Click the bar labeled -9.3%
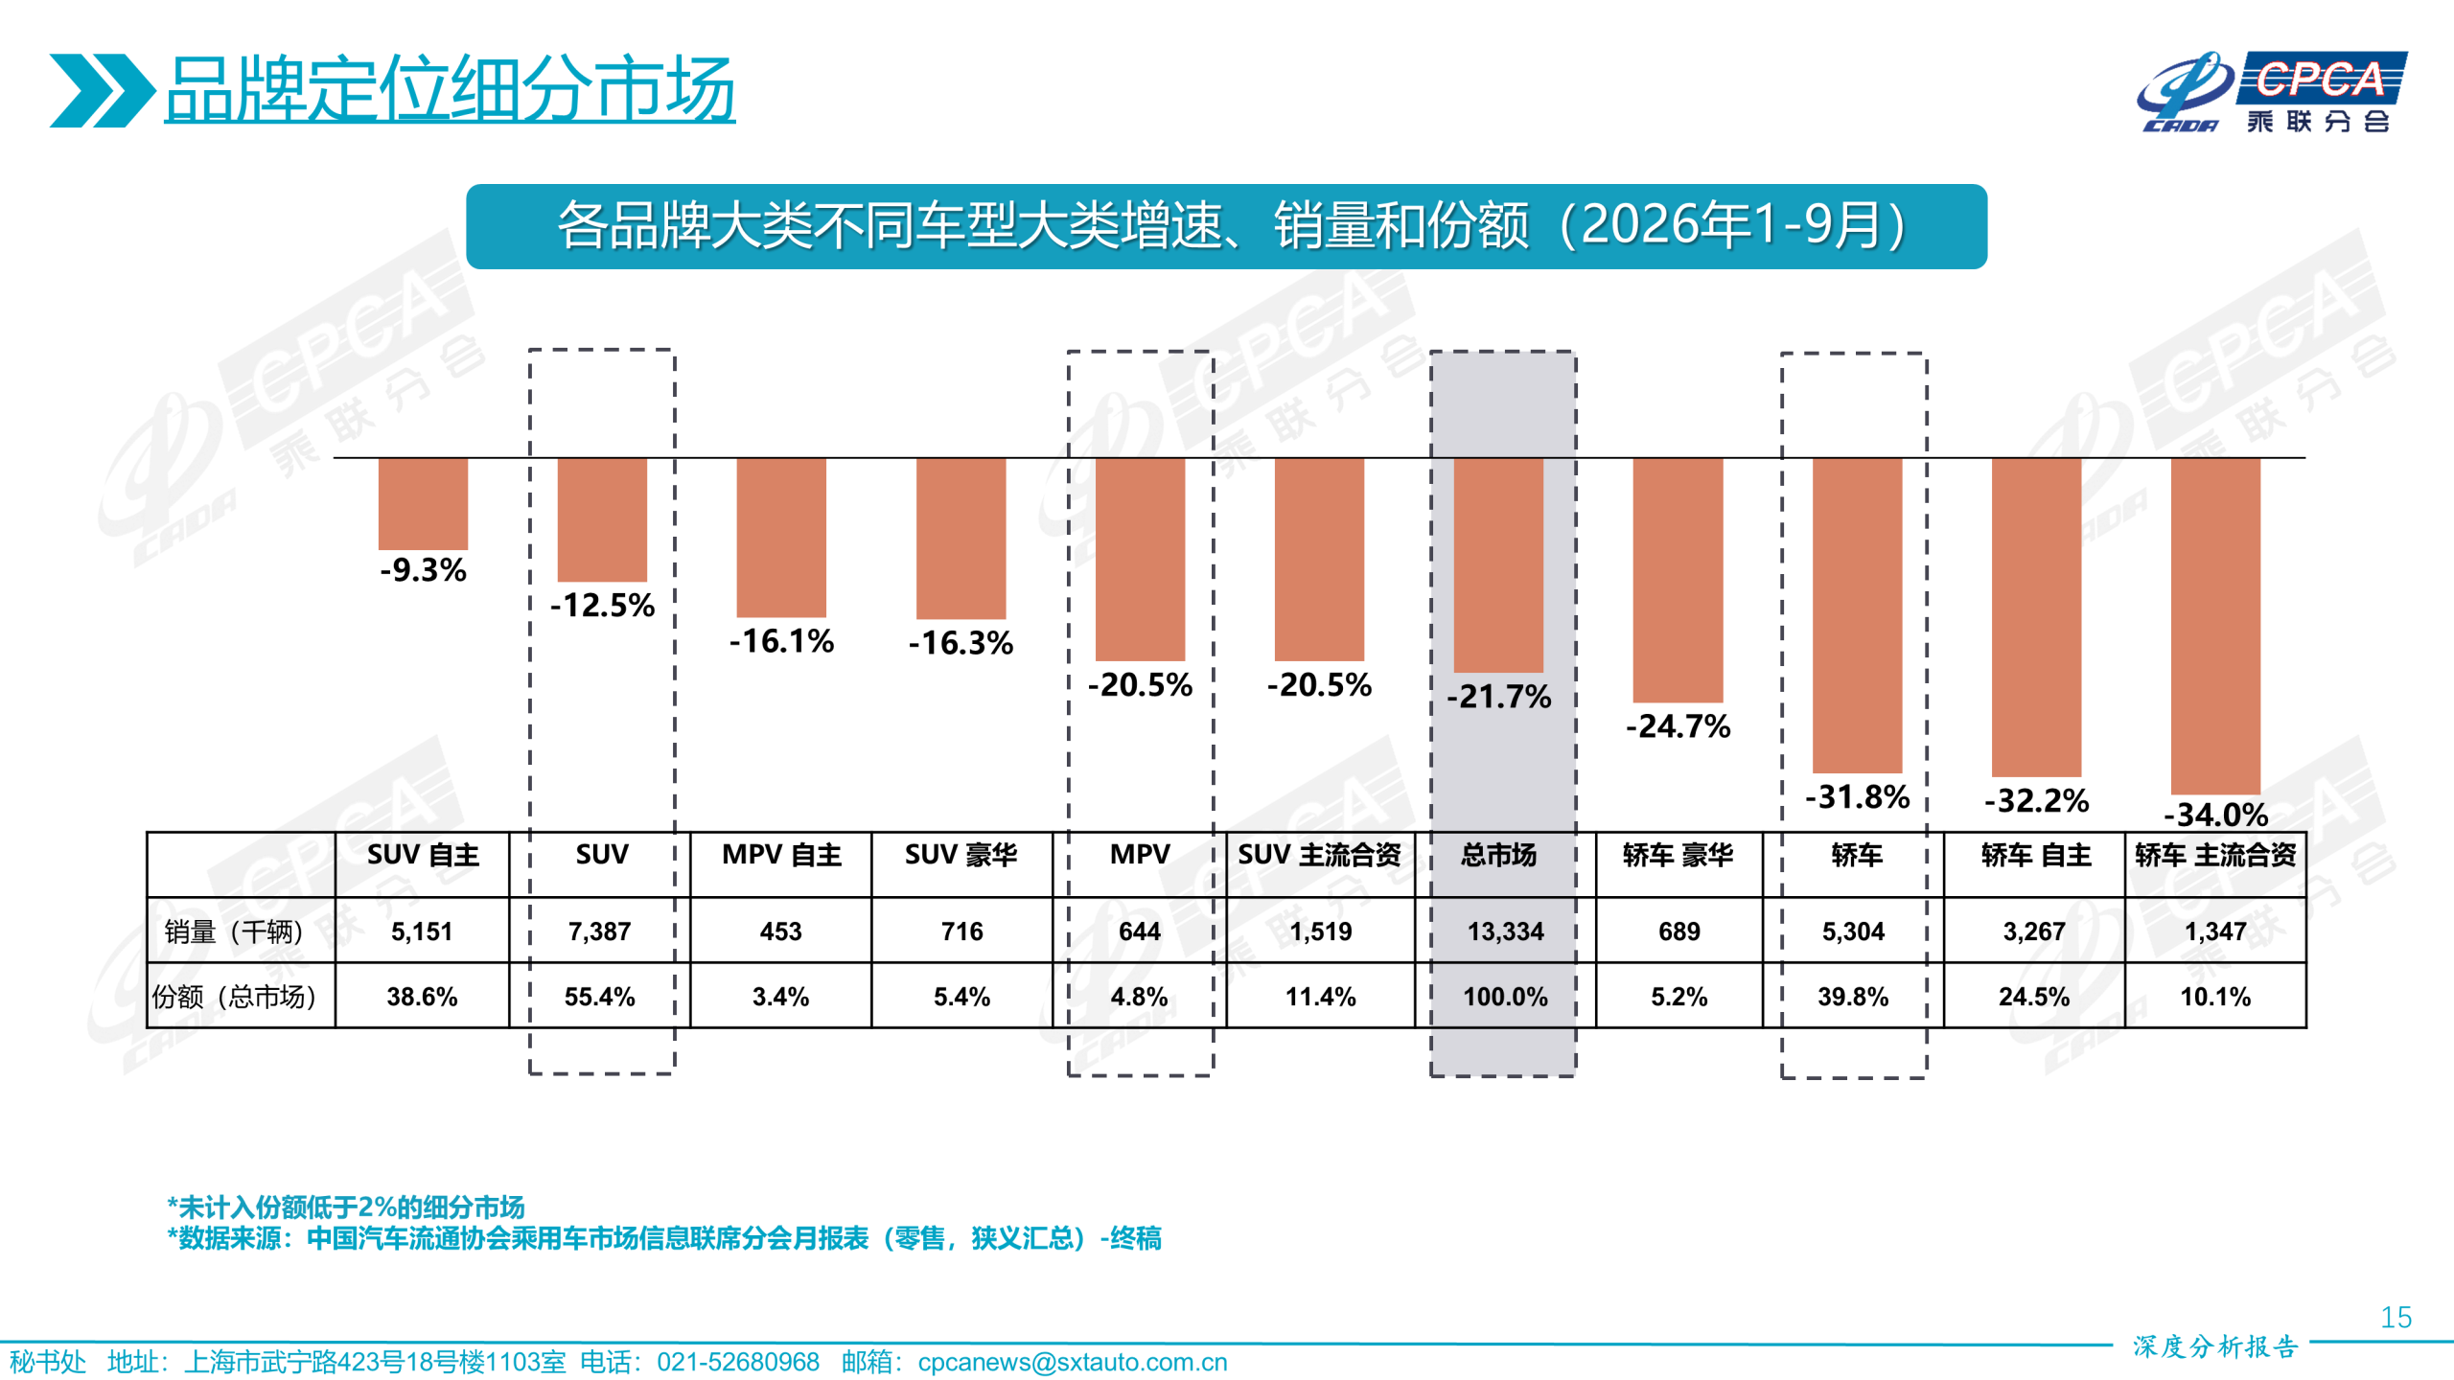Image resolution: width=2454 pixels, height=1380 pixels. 423,504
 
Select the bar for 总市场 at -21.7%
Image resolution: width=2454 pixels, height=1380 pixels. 1498,565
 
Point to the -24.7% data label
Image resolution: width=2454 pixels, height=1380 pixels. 1678,726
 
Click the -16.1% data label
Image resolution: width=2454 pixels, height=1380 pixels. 781,641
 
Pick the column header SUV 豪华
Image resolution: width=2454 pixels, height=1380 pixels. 961,855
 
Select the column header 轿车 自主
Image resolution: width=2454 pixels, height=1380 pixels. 2036,855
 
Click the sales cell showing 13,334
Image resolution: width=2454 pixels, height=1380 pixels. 1505,931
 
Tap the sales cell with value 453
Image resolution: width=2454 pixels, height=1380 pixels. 780,931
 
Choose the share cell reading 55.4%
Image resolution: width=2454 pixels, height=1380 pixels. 599,997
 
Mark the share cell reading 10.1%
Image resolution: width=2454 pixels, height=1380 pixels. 2215,997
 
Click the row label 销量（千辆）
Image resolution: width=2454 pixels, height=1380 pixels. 233,931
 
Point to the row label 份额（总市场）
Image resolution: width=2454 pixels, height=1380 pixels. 234,997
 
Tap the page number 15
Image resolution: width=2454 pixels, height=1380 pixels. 2396,1318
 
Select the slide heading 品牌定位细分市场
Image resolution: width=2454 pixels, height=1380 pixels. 450,89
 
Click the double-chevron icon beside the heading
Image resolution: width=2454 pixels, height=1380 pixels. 102,90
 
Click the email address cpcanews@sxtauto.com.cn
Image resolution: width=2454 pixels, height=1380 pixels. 1072,1362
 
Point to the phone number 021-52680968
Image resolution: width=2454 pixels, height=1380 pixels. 738,1362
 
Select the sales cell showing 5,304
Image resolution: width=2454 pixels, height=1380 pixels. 1853,931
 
